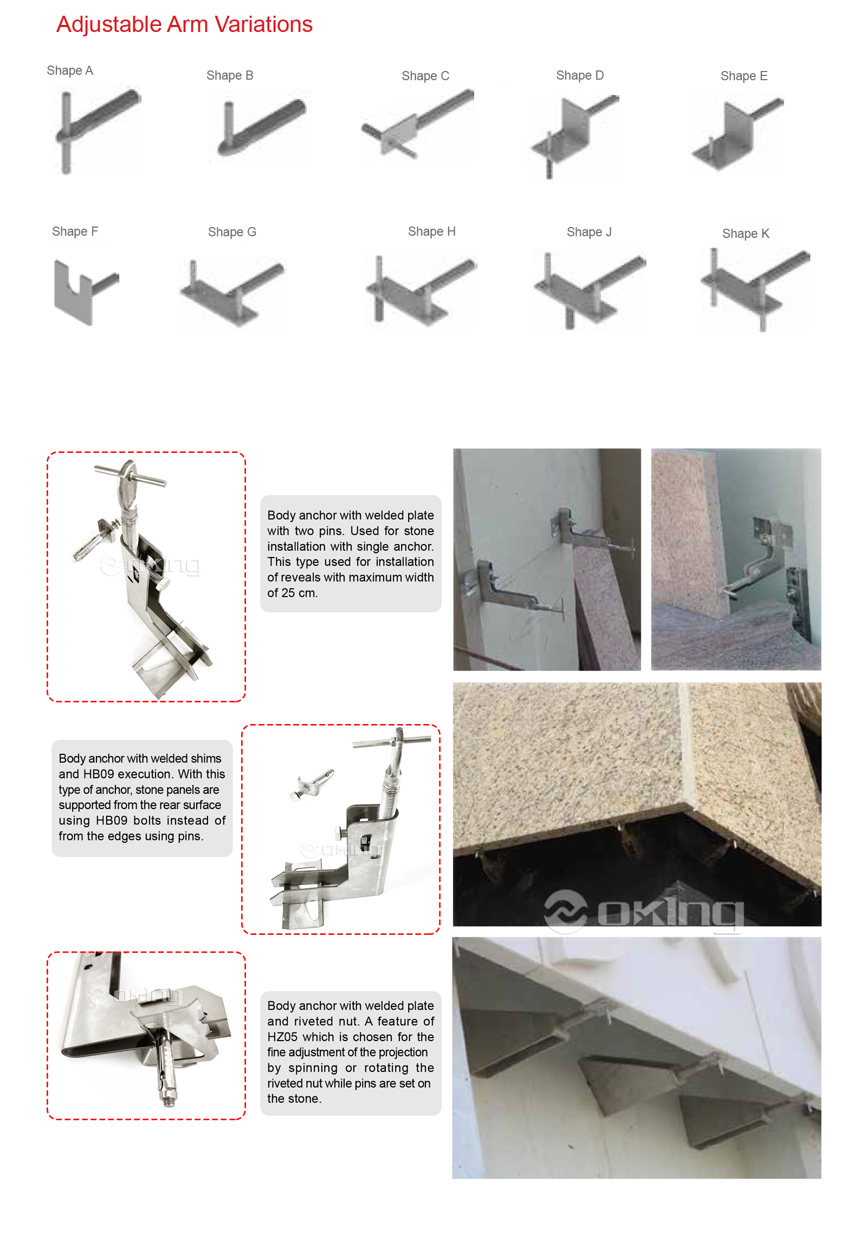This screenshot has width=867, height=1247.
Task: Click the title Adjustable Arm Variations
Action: click(x=184, y=24)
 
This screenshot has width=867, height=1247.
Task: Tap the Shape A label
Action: click(x=69, y=70)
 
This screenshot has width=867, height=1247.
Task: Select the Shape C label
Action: click(x=425, y=76)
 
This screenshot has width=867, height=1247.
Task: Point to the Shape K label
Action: click(x=746, y=234)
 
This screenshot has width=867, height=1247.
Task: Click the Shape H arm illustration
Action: click(x=420, y=290)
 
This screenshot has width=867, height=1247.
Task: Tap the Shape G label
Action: click(x=232, y=232)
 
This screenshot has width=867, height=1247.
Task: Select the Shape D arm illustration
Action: click(x=574, y=136)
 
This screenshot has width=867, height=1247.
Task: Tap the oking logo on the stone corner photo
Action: click(x=644, y=911)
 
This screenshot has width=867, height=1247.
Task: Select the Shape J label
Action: click(x=588, y=232)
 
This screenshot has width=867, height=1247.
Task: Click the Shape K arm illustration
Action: click(x=755, y=289)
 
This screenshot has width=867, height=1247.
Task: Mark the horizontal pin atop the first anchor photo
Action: click(x=130, y=474)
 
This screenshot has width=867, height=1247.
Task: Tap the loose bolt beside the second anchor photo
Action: click(x=312, y=784)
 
